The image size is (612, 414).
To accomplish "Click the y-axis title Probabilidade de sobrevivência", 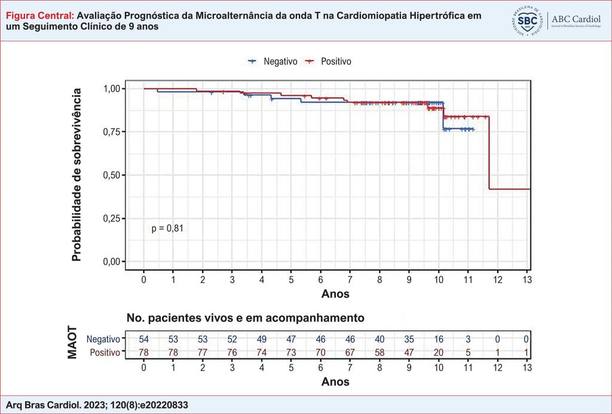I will pyautogui.click(x=77, y=175).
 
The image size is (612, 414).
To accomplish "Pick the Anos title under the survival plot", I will pyautogui.click(x=335, y=294).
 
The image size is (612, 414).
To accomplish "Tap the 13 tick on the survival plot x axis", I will pyautogui.click(x=527, y=280).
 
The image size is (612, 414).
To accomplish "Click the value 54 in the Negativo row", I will pyautogui.click(x=144, y=339).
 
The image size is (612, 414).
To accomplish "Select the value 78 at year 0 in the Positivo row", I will pyautogui.click(x=144, y=352).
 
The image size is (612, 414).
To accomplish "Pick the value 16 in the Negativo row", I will pyautogui.click(x=439, y=339).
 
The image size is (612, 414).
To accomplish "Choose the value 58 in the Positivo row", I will pyautogui.click(x=380, y=352).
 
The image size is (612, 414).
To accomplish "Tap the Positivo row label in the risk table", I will pyautogui.click(x=103, y=352).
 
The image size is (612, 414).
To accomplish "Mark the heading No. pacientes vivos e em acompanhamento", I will pyautogui.click(x=245, y=317).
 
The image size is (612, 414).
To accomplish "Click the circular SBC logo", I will pyautogui.click(x=527, y=22).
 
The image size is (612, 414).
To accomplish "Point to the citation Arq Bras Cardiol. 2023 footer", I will pyautogui.click(x=96, y=405).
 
